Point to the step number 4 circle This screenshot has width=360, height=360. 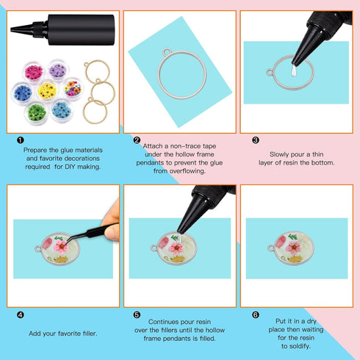pos(20,314)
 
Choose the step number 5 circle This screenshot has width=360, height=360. pos(137,314)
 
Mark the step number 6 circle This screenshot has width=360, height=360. pos(256,314)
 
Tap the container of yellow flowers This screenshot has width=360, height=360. pos(48,90)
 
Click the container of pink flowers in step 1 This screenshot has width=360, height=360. pos(34,72)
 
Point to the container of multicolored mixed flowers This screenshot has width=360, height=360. pos(73,88)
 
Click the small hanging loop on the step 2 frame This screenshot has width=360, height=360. pos(165,53)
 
